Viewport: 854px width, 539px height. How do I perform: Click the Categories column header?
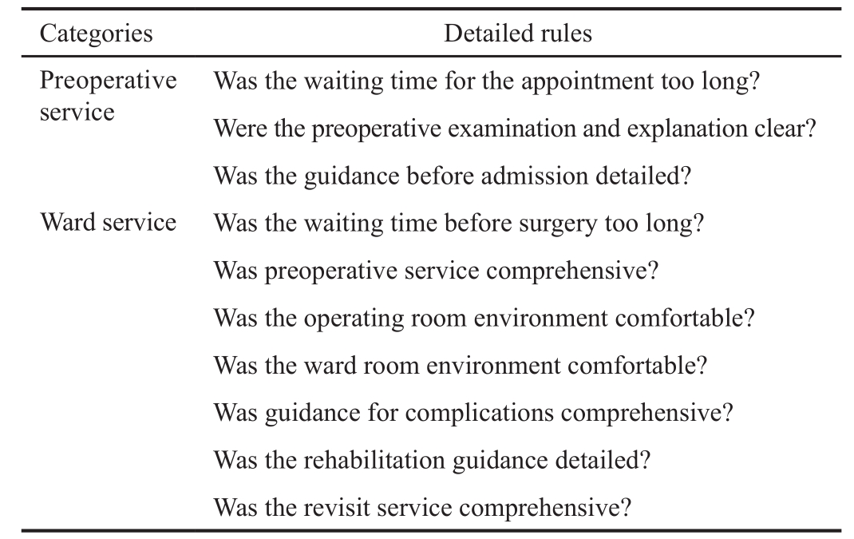tap(97, 34)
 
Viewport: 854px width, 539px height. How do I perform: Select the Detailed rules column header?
tap(517, 34)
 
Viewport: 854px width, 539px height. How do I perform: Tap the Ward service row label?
tap(108, 222)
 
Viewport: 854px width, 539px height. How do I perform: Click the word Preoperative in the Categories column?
tap(109, 81)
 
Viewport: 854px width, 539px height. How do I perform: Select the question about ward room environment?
tap(460, 366)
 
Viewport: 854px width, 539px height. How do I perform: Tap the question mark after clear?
tap(810, 129)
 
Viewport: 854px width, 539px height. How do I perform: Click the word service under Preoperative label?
tap(77, 113)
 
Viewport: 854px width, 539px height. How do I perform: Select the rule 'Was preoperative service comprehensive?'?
tap(436, 271)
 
